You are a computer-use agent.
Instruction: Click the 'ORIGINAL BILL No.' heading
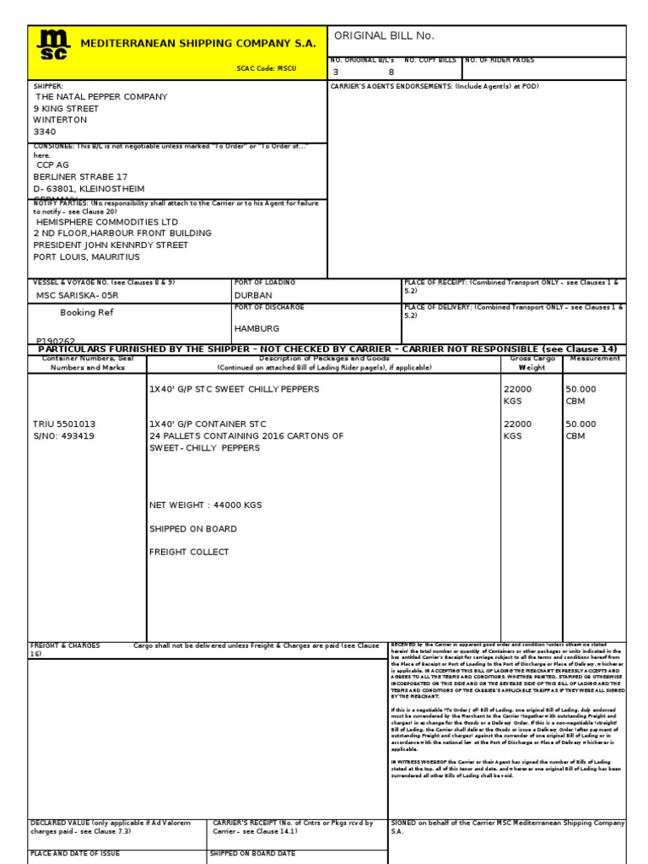point(384,35)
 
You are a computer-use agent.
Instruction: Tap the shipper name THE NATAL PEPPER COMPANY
point(100,97)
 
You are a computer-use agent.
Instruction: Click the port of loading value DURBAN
point(253,296)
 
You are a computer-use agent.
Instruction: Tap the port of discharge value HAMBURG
point(256,328)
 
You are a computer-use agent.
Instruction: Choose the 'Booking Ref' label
point(86,312)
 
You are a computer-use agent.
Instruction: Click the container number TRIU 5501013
point(64,424)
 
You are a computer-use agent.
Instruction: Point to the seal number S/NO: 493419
point(63,436)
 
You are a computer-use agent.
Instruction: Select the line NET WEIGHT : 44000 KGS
point(205,505)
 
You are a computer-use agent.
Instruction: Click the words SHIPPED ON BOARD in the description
point(192,529)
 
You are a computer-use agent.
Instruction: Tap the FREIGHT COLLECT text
point(189,552)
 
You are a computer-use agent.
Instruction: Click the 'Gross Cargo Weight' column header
point(532,363)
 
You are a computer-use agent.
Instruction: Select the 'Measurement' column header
point(594,359)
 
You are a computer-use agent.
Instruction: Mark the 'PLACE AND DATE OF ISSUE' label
point(75,854)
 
